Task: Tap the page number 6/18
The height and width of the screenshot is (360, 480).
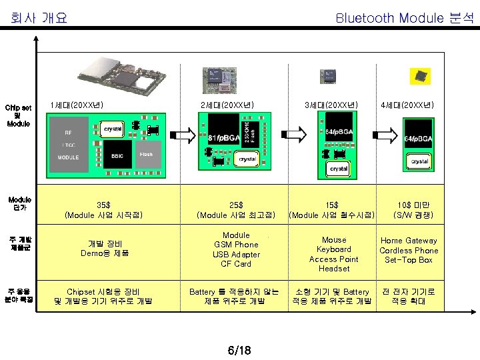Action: [x=239, y=349]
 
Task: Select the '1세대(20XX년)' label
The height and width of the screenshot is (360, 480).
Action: [x=77, y=105]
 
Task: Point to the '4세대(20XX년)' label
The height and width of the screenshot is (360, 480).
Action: [x=407, y=105]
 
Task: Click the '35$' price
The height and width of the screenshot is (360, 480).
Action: [x=103, y=205]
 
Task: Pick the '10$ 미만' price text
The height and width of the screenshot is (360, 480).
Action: [x=413, y=205]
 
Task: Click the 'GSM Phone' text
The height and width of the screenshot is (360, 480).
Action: [x=236, y=245]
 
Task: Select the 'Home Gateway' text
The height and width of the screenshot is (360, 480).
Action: [x=409, y=241]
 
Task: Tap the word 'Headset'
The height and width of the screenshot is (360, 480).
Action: [x=334, y=269]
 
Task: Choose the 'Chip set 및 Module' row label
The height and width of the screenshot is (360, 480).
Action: [x=18, y=115]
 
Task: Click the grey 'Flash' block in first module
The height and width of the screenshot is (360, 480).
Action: [x=146, y=155]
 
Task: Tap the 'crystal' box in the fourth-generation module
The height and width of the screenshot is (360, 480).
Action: [x=419, y=161]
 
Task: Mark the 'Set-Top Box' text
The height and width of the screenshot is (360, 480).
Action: [x=409, y=260]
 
